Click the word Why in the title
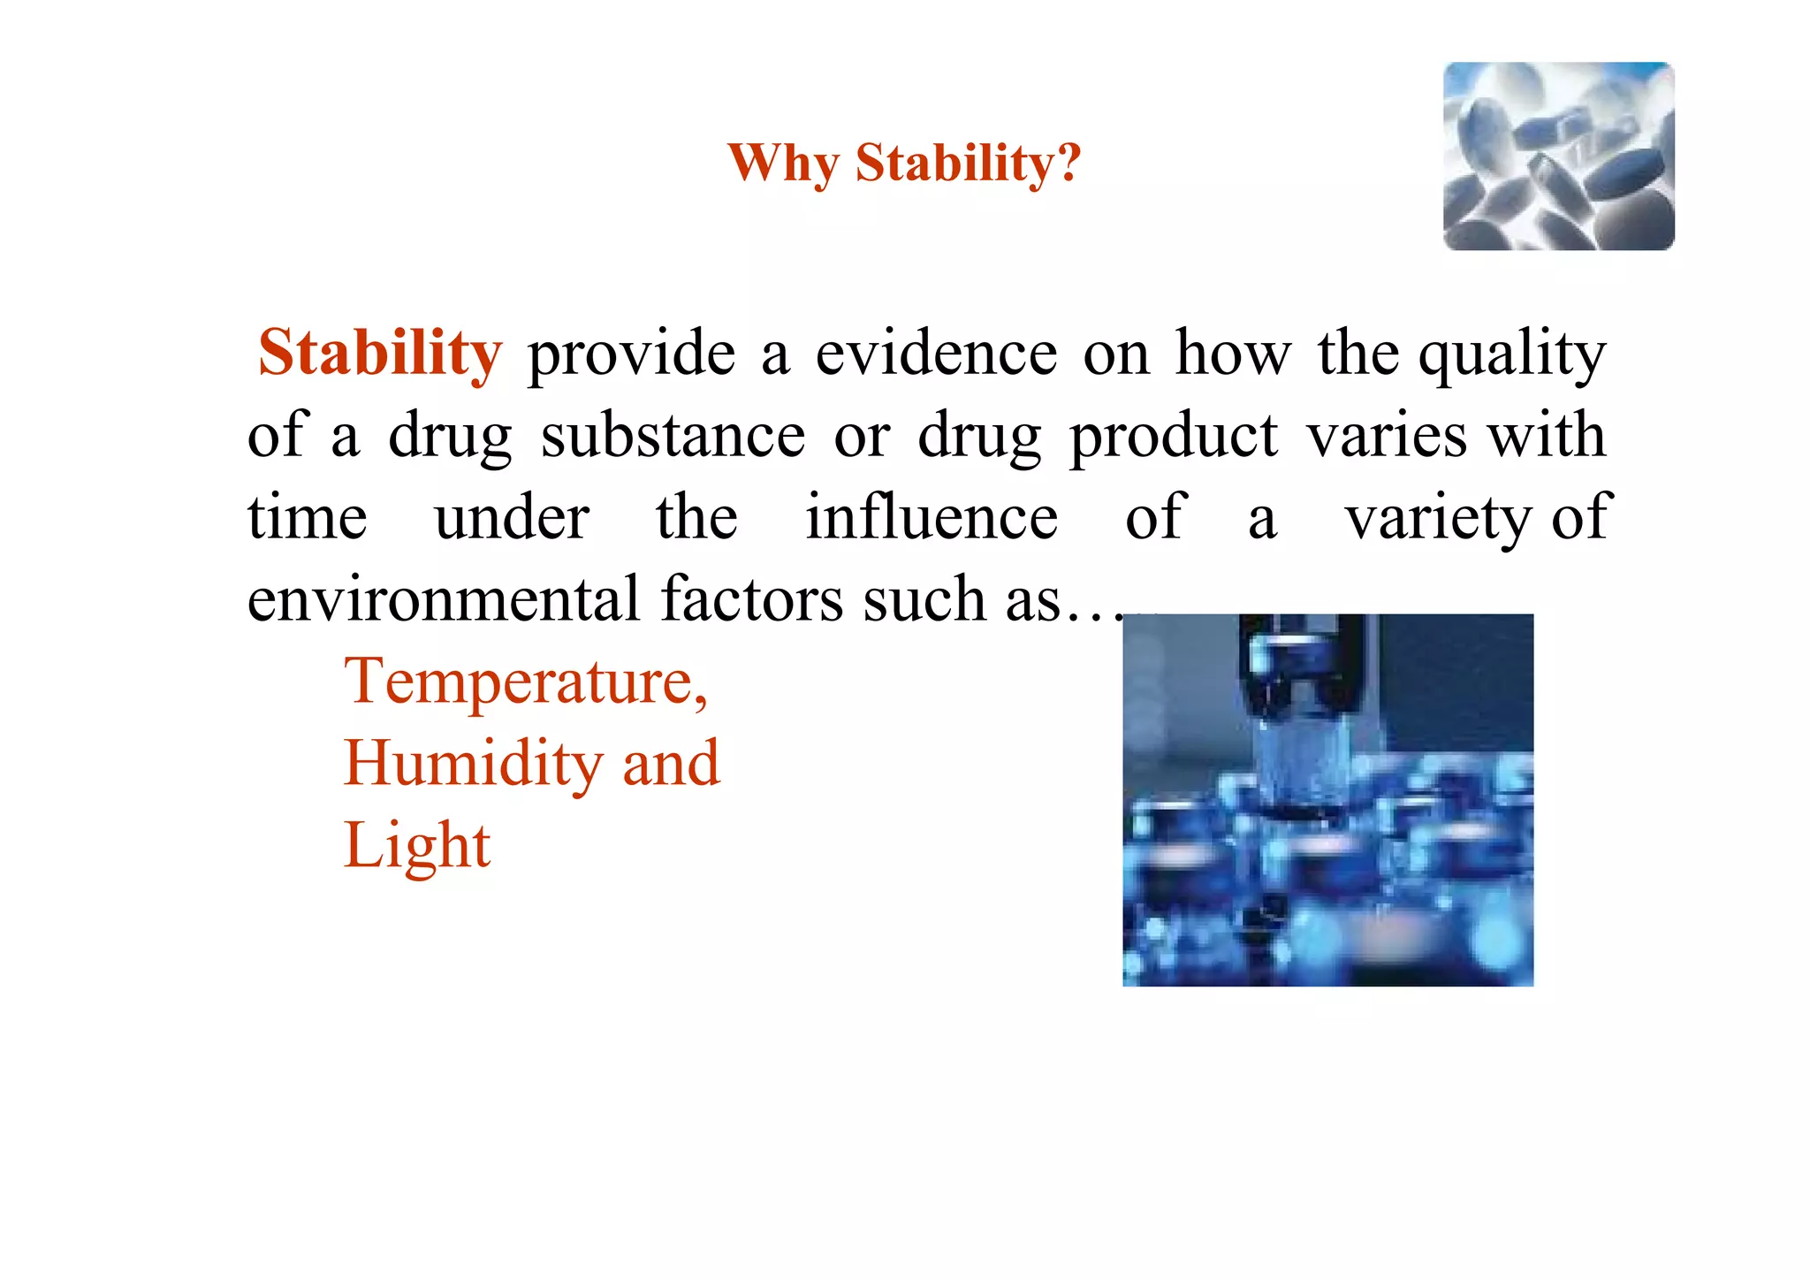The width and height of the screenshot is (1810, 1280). pos(783,164)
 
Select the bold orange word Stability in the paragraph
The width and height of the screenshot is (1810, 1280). pos(380,353)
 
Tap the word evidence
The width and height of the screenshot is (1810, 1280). pos(936,353)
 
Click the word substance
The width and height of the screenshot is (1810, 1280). pos(673,436)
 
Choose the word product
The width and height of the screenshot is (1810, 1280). pos(1173,436)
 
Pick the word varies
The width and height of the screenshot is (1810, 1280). pos(1386,436)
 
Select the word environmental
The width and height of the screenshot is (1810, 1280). pos(443,599)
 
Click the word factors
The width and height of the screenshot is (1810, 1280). pos(752,599)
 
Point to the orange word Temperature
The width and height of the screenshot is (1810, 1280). pos(525,682)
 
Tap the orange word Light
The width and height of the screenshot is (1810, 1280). pos(416,846)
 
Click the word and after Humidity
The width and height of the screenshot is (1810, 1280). pos(671,764)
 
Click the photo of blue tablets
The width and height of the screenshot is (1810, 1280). pos(1558,156)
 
